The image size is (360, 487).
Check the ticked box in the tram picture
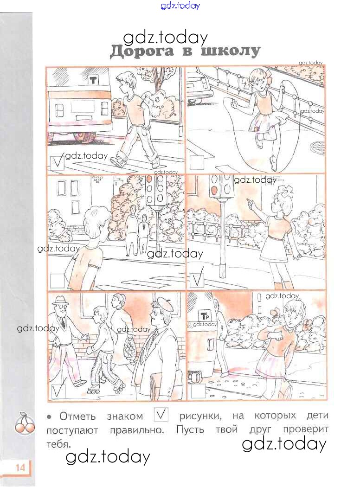(x=57, y=163)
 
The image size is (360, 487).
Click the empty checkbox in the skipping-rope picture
(x=197, y=162)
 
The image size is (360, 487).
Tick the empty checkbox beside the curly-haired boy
(x=57, y=281)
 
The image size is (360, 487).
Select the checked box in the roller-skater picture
(x=58, y=391)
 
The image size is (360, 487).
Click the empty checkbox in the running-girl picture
(x=199, y=391)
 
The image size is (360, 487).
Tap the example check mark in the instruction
(x=161, y=415)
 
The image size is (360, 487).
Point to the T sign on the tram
(x=93, y=80)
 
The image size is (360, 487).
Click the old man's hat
(x=60, y=300)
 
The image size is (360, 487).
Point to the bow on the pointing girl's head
(x=284, y=191)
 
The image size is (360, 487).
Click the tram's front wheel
(x=85, y=136)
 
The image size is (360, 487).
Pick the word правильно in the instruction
(x=137, y=430)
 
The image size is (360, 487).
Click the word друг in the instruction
(x=260, y=430)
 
